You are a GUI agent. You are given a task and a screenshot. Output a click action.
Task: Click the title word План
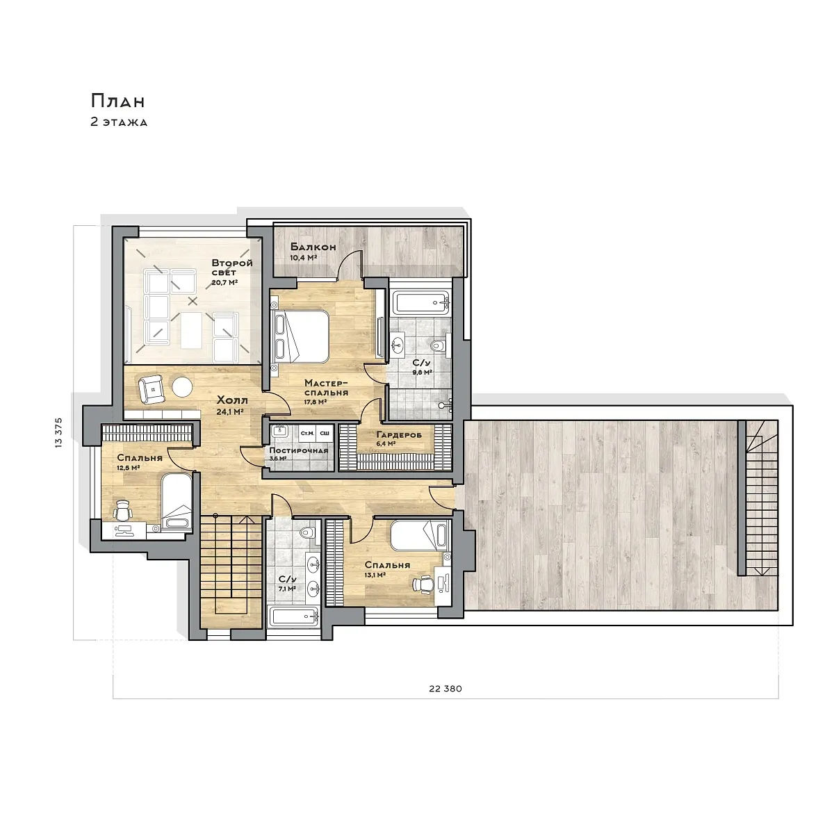coord(117,101)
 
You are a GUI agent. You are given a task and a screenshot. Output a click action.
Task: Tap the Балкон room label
coord(313,247)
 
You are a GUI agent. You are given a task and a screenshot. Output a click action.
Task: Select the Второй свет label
coord(232,268)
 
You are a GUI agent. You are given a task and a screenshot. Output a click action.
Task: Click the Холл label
coord(232,400)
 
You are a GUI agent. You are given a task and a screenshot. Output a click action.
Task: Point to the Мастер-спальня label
coord(326,388)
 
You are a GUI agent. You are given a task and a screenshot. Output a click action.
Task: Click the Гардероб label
coord(399,434)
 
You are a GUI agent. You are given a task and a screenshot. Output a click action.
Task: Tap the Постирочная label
coord(299,450)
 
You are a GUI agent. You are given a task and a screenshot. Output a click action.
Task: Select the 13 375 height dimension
coord(59,433)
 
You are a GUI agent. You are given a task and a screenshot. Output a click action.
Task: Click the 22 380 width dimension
coord(445,689)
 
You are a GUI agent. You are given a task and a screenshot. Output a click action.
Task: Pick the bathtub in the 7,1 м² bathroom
coord(294,616)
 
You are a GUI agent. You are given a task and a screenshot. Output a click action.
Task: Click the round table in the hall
coord(182,387)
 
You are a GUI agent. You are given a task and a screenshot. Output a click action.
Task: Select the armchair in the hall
coord(152,389)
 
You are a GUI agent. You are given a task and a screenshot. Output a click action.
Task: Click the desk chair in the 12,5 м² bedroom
coord(122,511)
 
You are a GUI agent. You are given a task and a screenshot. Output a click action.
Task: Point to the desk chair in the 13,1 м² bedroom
coord(423,583)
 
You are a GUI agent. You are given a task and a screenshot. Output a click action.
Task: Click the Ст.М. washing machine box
coord(307,433)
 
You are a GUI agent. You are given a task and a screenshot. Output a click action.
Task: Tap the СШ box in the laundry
coord(324,433)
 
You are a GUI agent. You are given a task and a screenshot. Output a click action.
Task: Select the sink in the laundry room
coord(280,431)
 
